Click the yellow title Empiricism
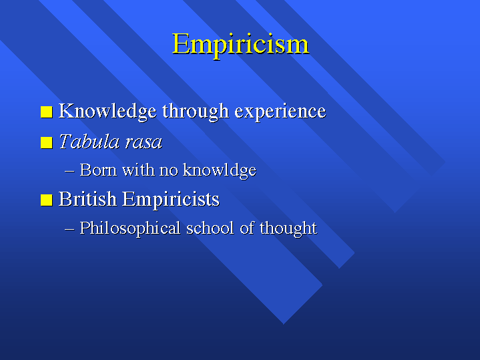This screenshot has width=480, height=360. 240,45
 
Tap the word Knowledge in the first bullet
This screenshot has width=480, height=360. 107,112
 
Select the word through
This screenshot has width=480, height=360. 196,112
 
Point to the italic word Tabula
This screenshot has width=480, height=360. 89,142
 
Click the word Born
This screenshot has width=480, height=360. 98,170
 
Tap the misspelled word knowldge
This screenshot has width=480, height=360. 220,171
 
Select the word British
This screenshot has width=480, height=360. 88,199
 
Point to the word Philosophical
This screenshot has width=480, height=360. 130,228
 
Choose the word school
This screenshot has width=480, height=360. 210,228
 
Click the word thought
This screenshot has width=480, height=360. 288,228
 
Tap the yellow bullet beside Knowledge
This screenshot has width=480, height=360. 47,112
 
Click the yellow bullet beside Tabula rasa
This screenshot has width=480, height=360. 47,142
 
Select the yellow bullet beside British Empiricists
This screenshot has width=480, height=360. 47,200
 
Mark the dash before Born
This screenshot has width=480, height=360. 70,171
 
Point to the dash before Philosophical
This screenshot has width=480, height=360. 70,229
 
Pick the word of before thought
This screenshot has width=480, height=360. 247,228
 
